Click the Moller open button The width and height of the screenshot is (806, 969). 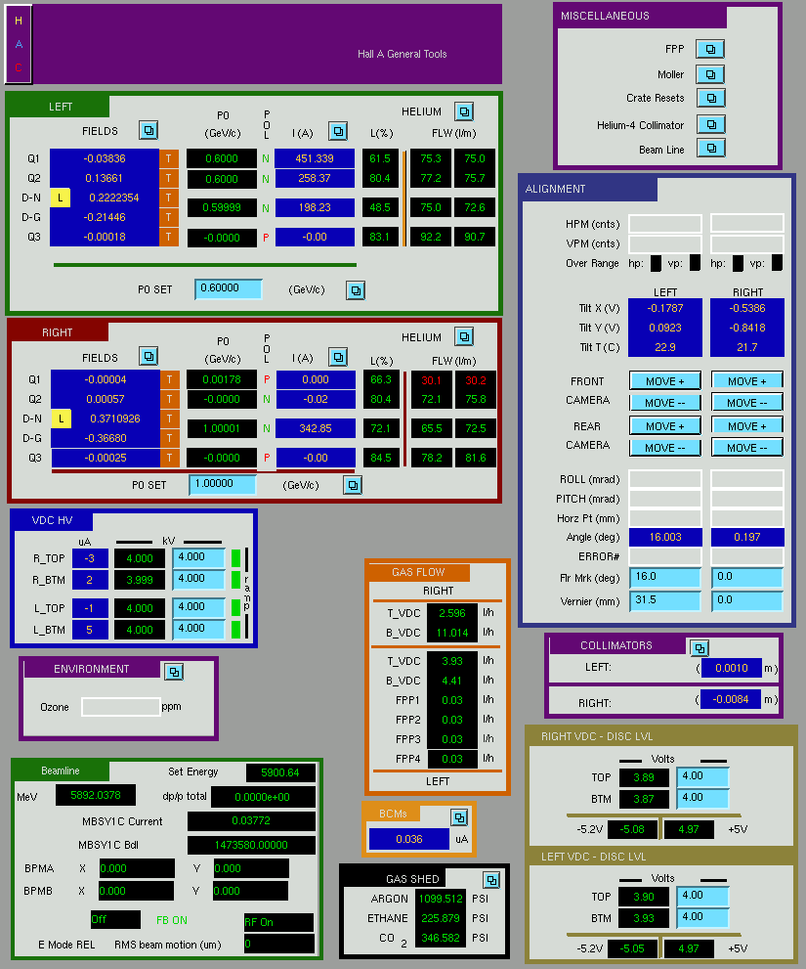[710, 74]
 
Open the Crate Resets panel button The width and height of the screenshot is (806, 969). [710, 98]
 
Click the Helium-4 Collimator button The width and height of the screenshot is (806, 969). [710, 125]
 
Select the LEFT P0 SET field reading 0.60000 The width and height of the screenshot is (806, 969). [228, 288]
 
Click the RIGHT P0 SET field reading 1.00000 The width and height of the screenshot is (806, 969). [223, 484]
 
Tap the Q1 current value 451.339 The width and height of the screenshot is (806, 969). [315, 158]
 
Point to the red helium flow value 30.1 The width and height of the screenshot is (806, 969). [431, 380]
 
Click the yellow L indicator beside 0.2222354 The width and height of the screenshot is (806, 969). [60, 198]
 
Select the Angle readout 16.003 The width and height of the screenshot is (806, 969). [665, 537]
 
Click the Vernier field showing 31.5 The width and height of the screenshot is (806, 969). [665, 600]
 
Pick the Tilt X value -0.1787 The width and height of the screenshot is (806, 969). [665, 308]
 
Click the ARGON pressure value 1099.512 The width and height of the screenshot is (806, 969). [441, 899]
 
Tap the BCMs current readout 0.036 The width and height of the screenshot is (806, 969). [409, 839]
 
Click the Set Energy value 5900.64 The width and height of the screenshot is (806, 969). [280, 772]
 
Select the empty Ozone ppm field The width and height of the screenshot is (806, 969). [120, 707]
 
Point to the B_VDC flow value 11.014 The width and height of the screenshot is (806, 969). [452, 633]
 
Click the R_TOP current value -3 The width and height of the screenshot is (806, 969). [90, 558]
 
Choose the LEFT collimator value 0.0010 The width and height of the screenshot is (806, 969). [732, 668]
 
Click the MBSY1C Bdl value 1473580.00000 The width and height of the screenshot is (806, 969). [251, 845]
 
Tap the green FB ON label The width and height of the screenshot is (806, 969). [172, 920]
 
